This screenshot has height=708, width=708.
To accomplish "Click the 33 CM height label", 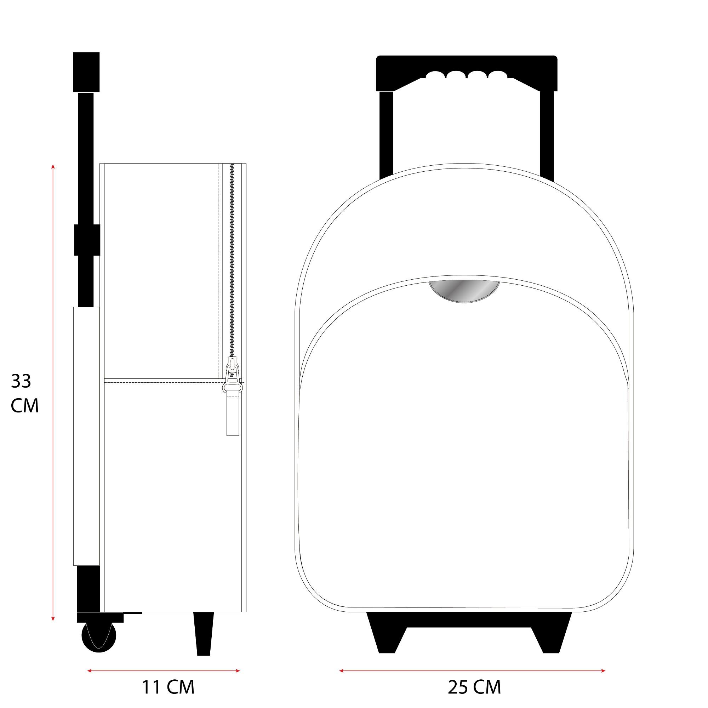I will [24, 393].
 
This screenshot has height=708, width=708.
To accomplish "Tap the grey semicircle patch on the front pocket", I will [465, 291].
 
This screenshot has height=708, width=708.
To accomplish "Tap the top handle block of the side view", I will [86, 72].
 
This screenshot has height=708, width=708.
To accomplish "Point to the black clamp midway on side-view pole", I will [87, 240].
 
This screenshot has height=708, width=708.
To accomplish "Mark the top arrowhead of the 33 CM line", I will [53, 167].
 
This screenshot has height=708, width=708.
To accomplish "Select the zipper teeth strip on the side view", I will [232, 257].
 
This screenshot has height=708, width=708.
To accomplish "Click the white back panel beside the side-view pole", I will [86, 436].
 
